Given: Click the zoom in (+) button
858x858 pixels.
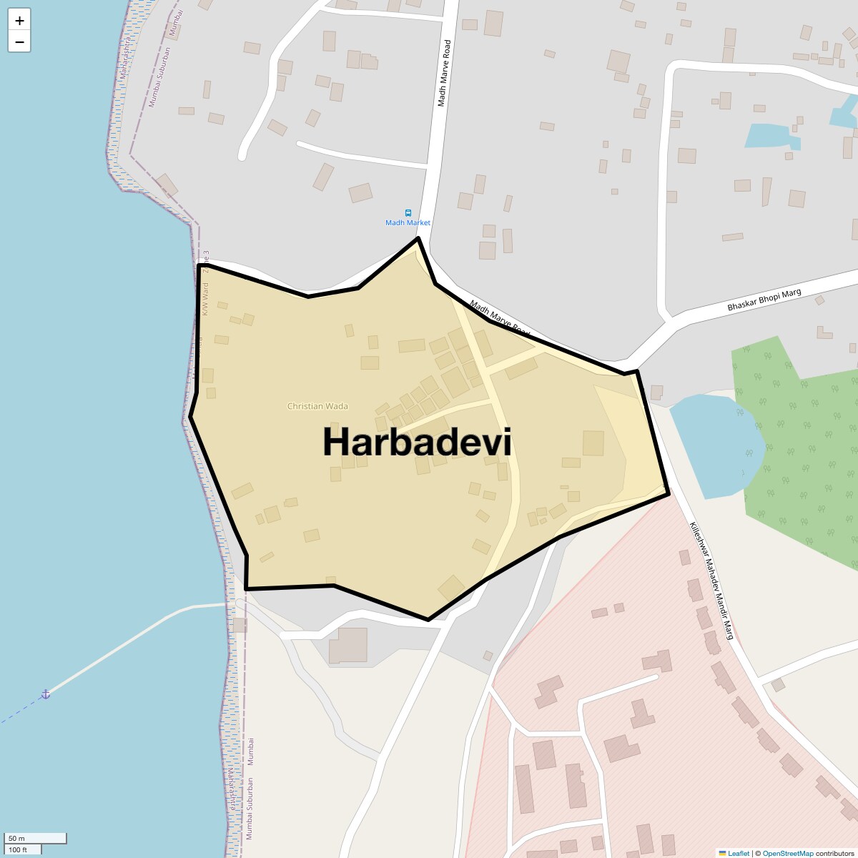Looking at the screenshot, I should click(19, 21).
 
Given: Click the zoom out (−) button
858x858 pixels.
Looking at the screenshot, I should click(19, 42).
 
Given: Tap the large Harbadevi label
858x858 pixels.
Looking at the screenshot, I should click(417, 442).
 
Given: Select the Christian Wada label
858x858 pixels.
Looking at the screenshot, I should click(317, 406).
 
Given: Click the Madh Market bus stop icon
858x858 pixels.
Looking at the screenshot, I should click(408, 212).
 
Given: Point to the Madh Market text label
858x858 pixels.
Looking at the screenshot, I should click(408, 223).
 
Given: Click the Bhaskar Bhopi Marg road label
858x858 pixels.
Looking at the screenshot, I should click(764, 300).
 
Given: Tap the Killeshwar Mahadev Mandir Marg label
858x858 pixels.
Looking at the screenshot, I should click(711, 580).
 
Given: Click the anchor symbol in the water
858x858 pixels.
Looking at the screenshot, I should click(45, 694).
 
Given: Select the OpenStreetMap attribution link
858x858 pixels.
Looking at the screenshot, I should click(787, 853).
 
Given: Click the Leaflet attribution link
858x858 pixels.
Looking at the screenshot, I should click(739, 853).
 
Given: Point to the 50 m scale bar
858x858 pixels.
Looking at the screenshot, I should click(35, 838).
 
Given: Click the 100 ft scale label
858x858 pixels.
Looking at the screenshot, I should click(18, 849).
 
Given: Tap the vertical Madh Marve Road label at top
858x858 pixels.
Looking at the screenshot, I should click(445, 74).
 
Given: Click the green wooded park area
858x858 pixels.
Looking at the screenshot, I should click(801, 458).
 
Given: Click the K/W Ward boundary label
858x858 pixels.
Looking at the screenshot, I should click(204, 299).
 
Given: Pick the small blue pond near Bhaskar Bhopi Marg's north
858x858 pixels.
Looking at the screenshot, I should click(769, 135).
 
